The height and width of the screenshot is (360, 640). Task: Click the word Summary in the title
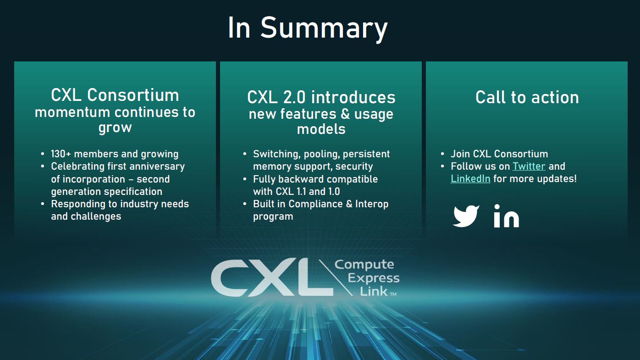coord(324,28)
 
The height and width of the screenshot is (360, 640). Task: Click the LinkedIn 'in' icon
coord(506,216)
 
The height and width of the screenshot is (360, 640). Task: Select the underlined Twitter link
coord(529,166)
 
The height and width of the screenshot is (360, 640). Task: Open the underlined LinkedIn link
coord(470,178)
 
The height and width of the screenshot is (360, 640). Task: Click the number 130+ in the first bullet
coord(61,154)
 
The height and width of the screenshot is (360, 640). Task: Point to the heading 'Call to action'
coord(527,97)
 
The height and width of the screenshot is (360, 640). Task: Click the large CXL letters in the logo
coord(272,277)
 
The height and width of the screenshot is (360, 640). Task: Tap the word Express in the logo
coord(374,278)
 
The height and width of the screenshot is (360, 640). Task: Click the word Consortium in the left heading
coord(133,95)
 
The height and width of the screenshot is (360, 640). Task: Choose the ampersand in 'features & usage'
coord(345,114)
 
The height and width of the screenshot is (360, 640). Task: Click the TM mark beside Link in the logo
coord(393,294)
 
